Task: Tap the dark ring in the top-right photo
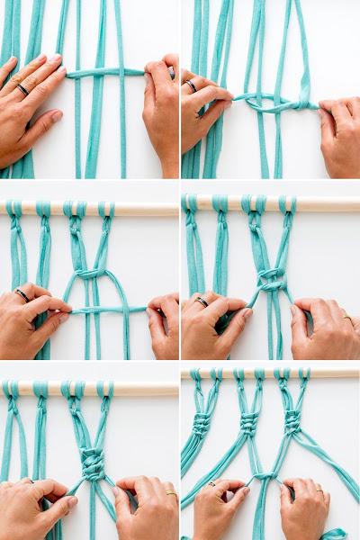coord(192,86)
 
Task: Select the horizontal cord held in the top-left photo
coord(103,72)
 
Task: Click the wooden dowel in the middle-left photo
coord(135,209)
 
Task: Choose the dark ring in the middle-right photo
coord(202,301)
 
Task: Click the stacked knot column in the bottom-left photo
coord(92,463)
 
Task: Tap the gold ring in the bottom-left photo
coord(170,492)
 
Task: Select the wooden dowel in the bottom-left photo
coord(135,389)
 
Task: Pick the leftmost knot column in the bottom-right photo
coord(200,423)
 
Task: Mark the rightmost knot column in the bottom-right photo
coord(292,421)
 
